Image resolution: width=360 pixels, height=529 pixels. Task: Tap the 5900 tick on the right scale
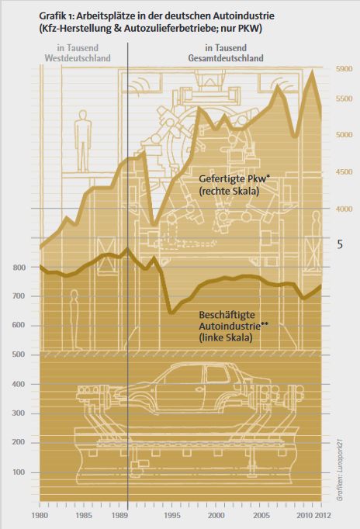click(344, 69)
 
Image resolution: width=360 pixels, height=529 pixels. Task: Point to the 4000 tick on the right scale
click(344, 209)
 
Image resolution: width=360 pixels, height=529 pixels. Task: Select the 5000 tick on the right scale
click(344, 134)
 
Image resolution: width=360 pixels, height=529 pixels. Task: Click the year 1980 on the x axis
click(40, 515)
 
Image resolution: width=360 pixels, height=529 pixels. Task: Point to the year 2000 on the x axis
click(217, 515)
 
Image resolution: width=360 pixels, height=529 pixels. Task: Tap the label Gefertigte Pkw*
click(228, 178)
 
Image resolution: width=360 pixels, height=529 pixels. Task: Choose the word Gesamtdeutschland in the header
click(225, 58)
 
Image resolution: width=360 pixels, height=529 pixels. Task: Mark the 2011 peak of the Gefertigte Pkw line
click(312, 71)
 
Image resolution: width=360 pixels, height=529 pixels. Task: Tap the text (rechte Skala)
click(229, 190)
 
